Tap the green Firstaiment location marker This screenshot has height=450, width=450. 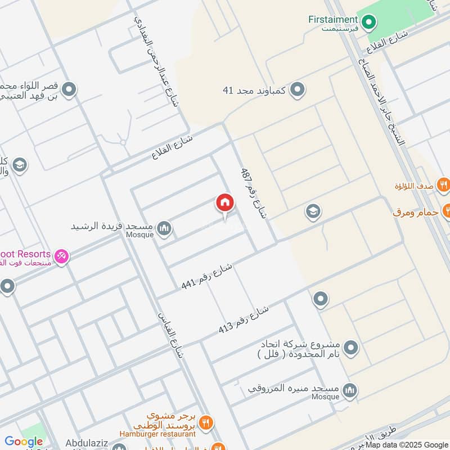(x=368, y=22)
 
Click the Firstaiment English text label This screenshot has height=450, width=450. (x=332, y=19)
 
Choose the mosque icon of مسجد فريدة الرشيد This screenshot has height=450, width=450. (x=164, y=228)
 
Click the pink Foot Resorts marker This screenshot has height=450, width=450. (x=62, y=256)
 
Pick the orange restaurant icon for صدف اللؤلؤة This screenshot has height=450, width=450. (x=444, y=183)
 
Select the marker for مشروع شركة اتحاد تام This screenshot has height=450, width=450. (x=351, y=348)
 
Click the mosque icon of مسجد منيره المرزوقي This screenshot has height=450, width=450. (x=350, y=390)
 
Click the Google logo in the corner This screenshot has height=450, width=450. (x=24, y=442)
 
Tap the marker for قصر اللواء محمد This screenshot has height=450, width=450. (x=69, y=89)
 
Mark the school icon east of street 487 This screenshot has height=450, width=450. (x=313, y=212)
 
